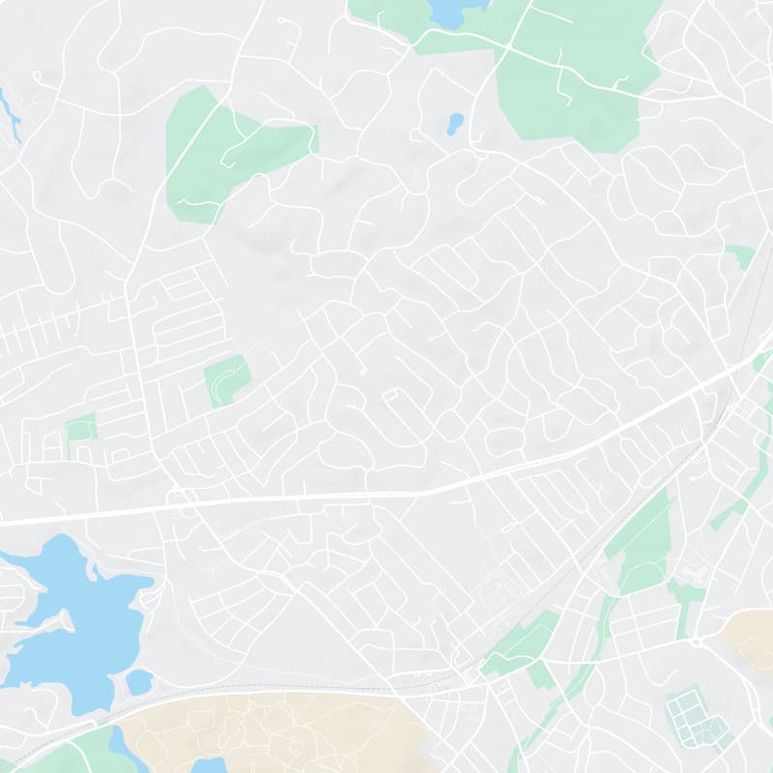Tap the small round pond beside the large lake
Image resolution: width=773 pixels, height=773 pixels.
[x=139, y=682]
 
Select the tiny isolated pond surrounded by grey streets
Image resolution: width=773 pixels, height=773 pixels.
[x=454, y=124]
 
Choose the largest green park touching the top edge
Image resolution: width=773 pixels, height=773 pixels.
[x=575, y=72]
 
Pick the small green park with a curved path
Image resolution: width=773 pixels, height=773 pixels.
[x=227, y=380]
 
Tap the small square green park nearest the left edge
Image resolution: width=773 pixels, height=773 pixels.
[x=82, y=427]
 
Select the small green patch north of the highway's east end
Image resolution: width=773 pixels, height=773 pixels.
[x=740, y=257]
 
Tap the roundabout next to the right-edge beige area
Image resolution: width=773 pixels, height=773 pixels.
[x=695, y=641]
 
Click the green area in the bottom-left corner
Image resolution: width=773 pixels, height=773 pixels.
[x=68, y=754]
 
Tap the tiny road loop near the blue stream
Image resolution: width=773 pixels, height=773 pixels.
[x=37, y=74]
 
